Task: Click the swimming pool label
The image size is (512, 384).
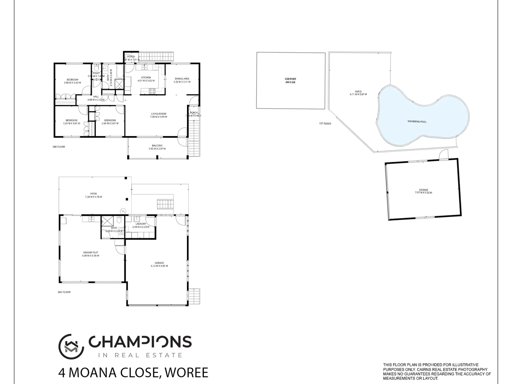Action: (x=417, y=122)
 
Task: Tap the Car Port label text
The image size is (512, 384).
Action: (x=290, y=79)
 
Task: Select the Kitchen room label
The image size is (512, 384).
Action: (x=146, y=78)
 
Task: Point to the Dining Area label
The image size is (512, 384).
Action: (x=182, y=79)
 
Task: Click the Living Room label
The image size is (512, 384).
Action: (x=158, y=113)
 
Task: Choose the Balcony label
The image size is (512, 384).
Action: (x=157, y=145)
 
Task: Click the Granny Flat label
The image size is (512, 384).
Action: (x=90, y=252)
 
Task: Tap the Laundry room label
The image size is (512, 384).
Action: (x=140, y=224)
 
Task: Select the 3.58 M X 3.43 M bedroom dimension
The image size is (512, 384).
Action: (x=72, y=83)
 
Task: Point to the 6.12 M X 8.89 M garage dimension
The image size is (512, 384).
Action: (x=159, y=266)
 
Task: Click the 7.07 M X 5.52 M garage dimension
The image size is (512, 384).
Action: (x=423, y=193)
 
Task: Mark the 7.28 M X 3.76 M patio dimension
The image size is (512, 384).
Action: (x=93, y=197)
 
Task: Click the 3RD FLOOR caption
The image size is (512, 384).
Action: (x=59, y=146)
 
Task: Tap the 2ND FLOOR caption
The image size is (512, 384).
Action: (x=64, y=292)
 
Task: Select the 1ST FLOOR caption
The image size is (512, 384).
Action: (x=325, y=124)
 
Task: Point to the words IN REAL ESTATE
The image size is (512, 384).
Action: (x=140, y=355)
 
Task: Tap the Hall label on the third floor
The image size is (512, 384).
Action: (x=96, y=96)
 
